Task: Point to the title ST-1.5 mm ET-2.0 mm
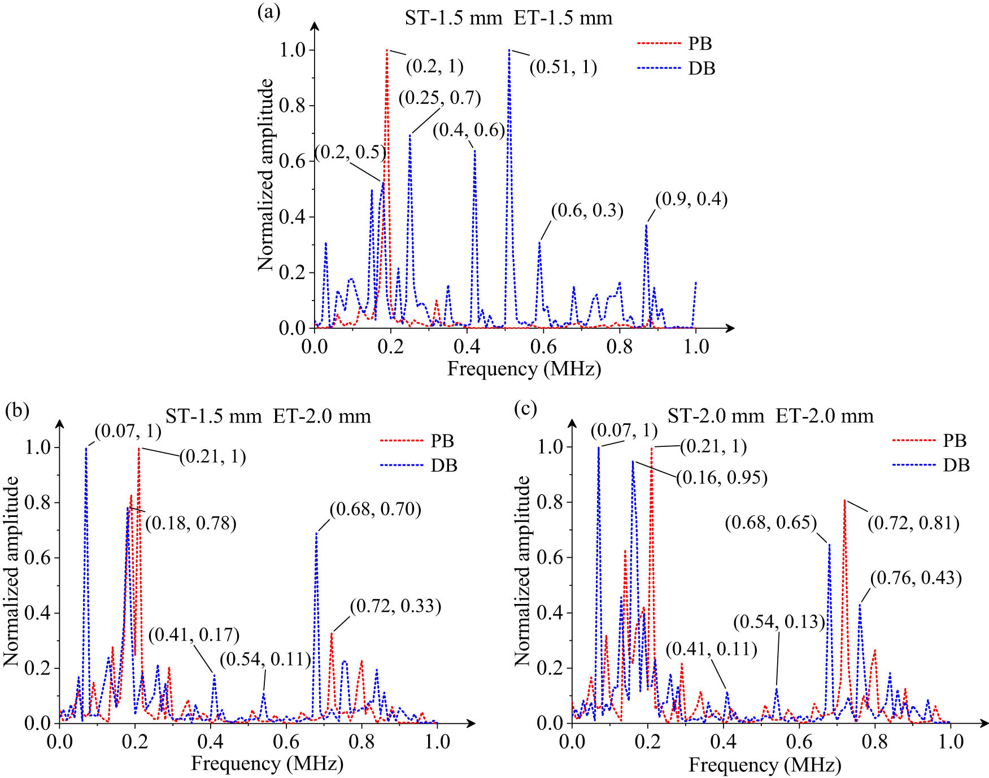pyautogui.click(x=268, y=416)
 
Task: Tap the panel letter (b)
pyautogui.click(x=16, y=409)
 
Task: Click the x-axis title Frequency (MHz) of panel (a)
pyautogui.click(x=524, y=369)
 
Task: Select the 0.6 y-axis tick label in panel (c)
pyautogui.click(x=550, y=557)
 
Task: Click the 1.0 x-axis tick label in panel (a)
pyautogui.click(x=696, y=346)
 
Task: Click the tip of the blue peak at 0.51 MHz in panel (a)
pyautogui.click(x=509, y=50)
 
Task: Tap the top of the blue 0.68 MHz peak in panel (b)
pyautogui.click(x=316, y=533)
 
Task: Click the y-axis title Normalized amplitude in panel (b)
pyautogui.click(x=11, y=571)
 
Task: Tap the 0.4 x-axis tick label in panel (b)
pyautogui.click(x=211, y=741)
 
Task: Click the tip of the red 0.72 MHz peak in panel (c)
pyautogui.click(x=844, y=500)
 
